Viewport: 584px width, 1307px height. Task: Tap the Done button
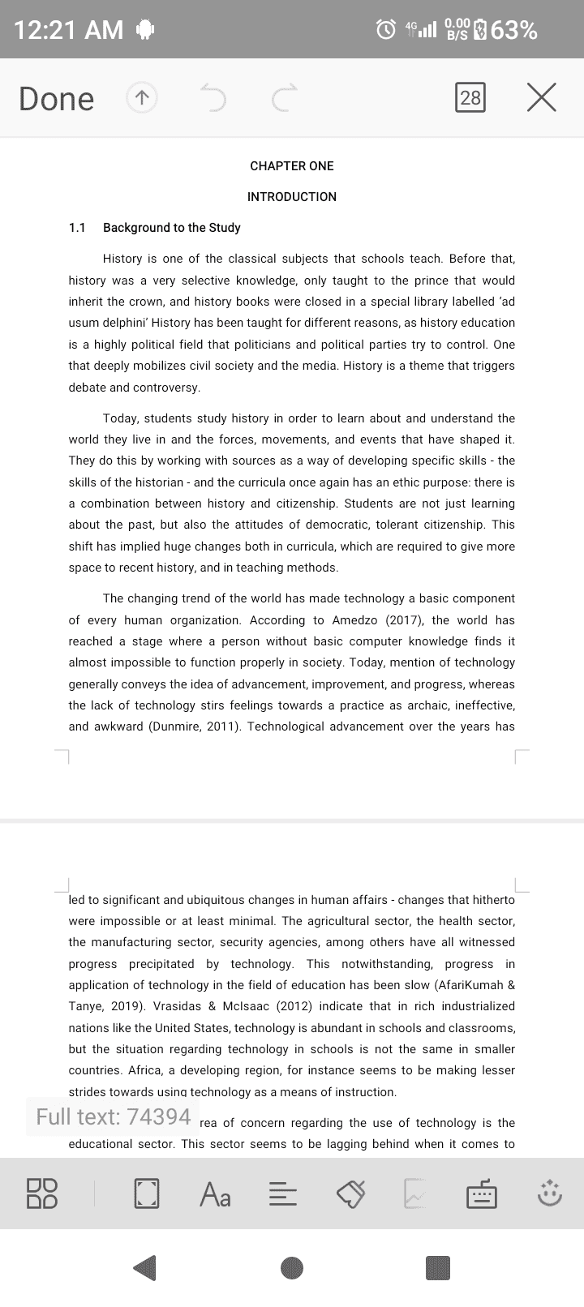click(x=56, y=98)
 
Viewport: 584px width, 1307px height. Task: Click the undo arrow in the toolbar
click(x=213, y=98)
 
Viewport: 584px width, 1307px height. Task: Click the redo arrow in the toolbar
click(x=285, y=98)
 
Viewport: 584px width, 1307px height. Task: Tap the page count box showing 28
click(x=470, y=98)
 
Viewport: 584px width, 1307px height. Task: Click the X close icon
click(x=541, y=97)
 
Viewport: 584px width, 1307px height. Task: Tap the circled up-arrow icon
click(x=142, y=98)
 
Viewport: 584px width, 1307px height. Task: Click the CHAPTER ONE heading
click(x=292, y=166)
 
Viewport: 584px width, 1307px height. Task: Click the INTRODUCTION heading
click(x=292, y=197)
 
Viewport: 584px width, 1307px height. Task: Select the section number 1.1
click(x=77, y=228)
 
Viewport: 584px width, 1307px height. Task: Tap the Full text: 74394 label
click(x=113, y=1116)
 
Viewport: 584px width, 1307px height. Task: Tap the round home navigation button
click(x=292, y=1268)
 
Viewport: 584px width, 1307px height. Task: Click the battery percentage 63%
click(x=514, y=30)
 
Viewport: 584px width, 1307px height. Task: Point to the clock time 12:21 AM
click(x=68, y=30)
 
